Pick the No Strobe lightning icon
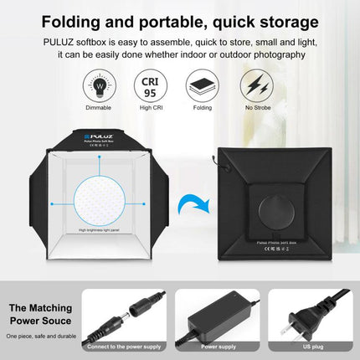pos(257,86)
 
